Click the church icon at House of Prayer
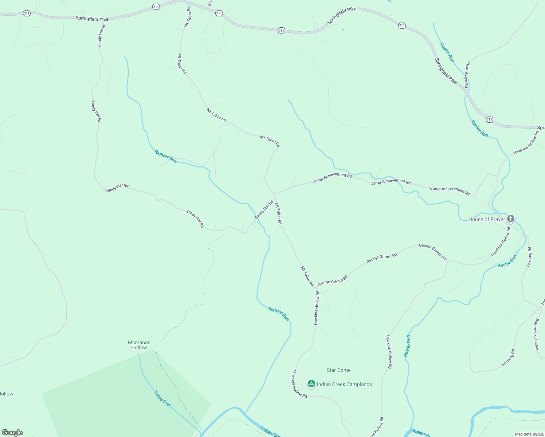click(x=510, y=219)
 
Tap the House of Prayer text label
click(x=486, y=219)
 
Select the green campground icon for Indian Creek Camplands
click(x=311, y=383)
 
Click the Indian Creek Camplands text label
click(x=344, y=384)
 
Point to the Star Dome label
click(x=338, y=370)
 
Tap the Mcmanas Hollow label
click(x=139, y=345)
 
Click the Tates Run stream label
click(x=162, y=399)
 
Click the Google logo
click(x=12, y=433)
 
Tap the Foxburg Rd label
click(x=529, y=257)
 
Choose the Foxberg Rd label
click(x=508, y=358)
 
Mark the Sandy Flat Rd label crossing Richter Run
click(x=264, y=210)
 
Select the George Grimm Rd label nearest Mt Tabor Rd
click(x=332, y=281)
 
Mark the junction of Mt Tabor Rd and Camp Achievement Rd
click(x=275, y=194)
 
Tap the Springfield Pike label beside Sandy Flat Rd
click(x=92, y=19)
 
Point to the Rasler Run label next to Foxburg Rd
click(x=507, y=261)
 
